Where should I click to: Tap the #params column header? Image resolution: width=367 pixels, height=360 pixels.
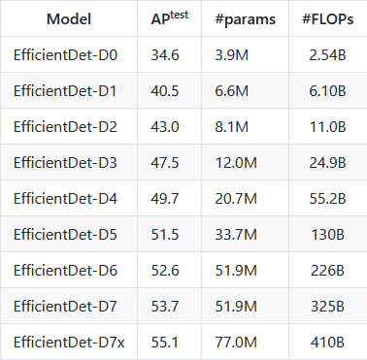[245, 19]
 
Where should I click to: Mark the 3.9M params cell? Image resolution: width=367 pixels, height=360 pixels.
[231, 55]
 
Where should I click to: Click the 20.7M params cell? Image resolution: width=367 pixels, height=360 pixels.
[235, 198]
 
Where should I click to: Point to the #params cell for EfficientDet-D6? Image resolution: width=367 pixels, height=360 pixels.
[235, 270]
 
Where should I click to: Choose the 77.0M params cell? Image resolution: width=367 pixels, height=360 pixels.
[235, 341]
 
